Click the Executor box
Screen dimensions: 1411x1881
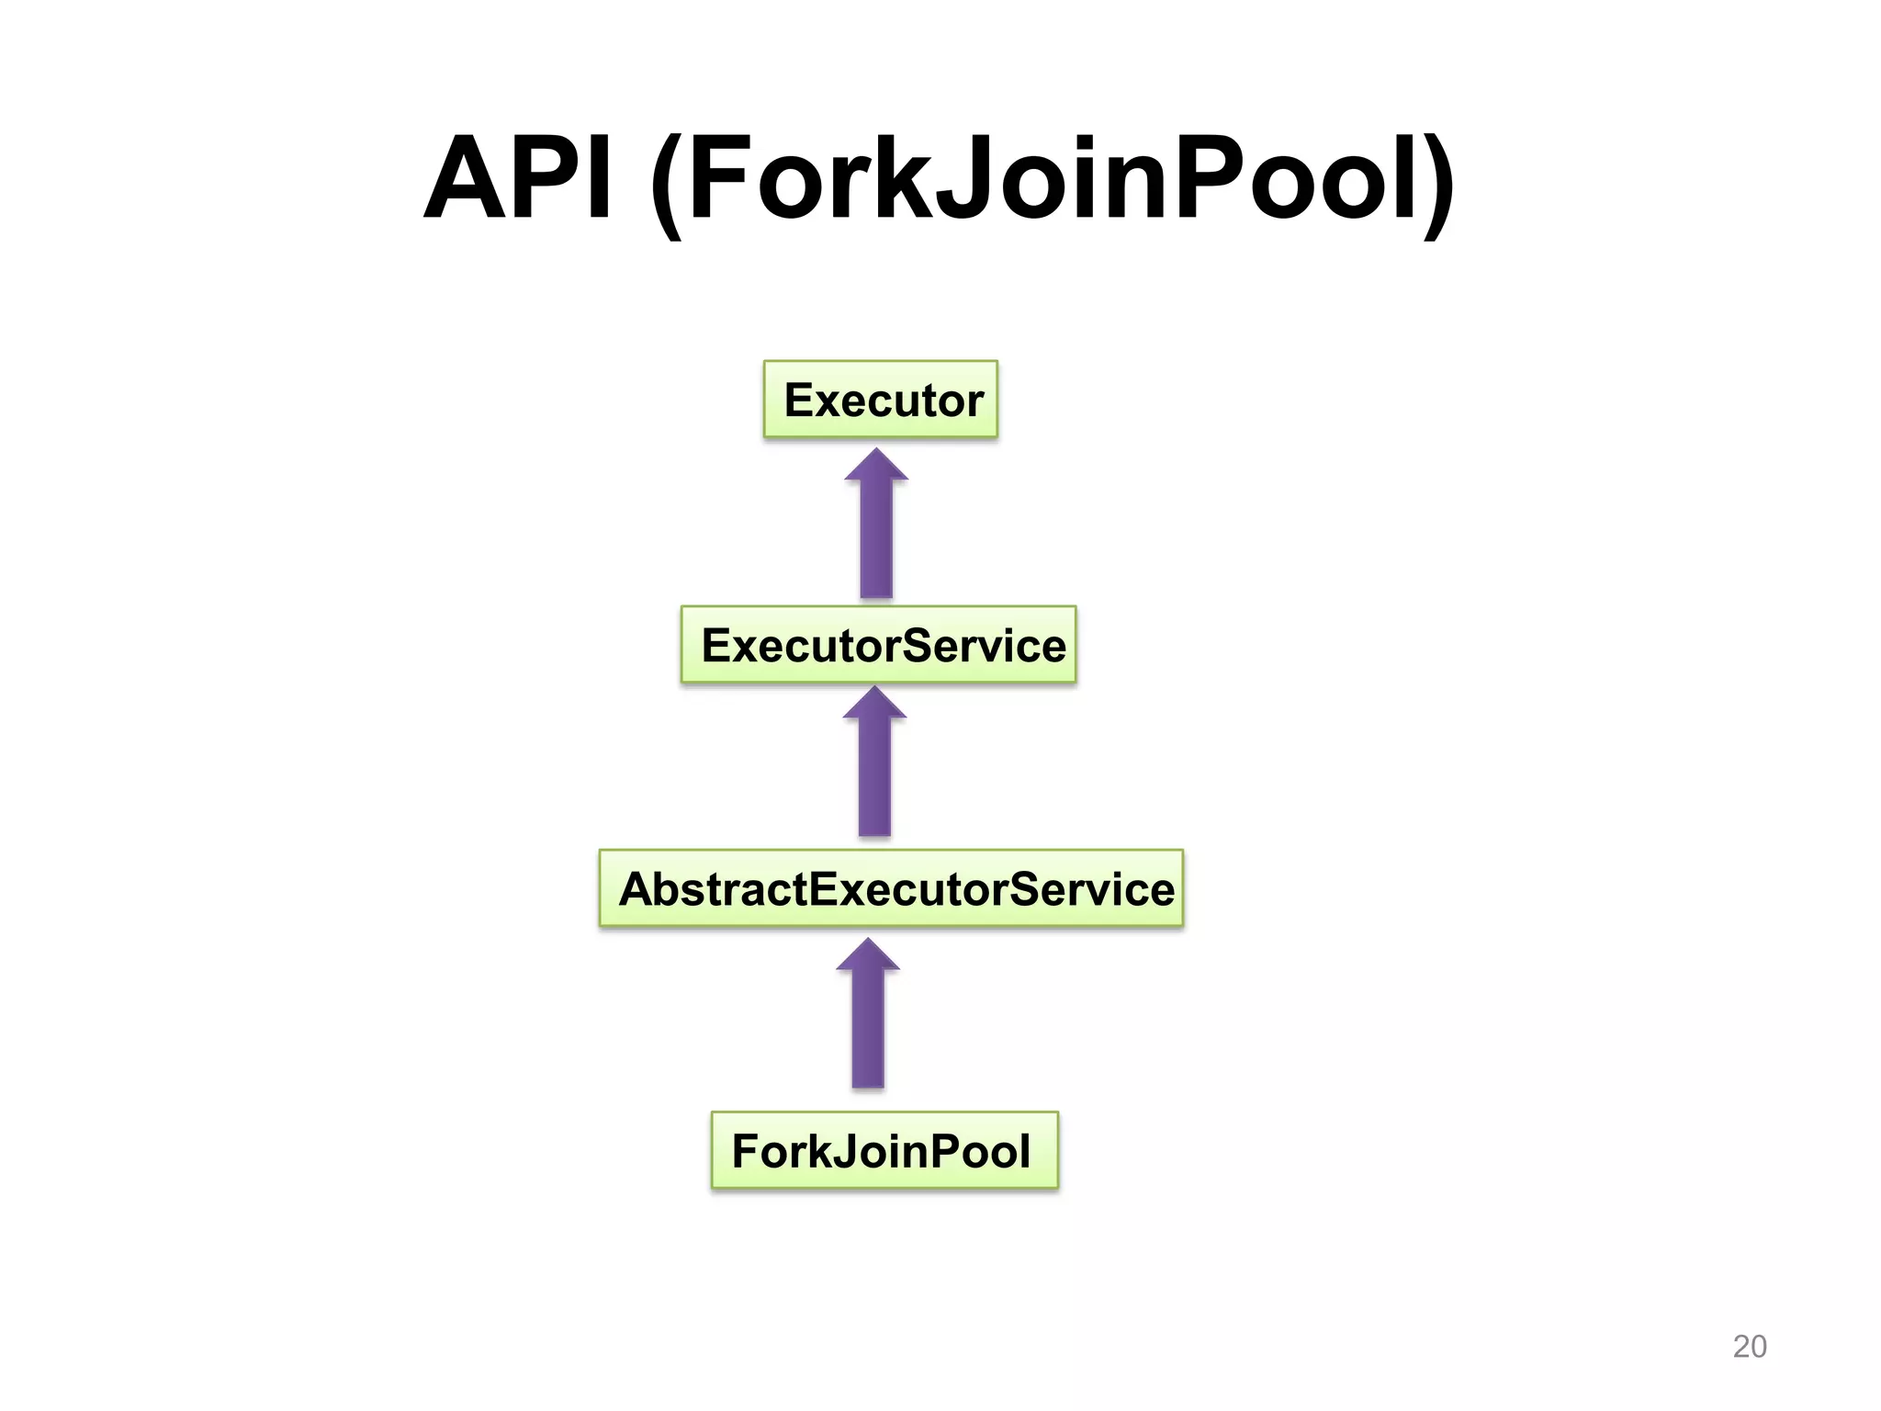pyautogui.click(x=880, y=400)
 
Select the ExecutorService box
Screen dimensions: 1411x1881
pyautogui.click(x=878, y=645)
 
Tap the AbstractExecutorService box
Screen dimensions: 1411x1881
pyautogui.click(x=891, y=888)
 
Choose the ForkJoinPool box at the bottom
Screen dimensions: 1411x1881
pyautogui.click(x=884, y=1150)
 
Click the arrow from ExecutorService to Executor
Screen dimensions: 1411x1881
pyautogui.click(x=876, y=533)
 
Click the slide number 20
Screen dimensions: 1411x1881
pyautogui.click(x=1749, y=1346)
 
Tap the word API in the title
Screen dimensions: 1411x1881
pyautogui.click(x=518, y=179)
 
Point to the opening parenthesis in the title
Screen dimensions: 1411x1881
pyautogui.click(x=667, y=184)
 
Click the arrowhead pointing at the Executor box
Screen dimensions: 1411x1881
pyautogui.click(x=876, y=465)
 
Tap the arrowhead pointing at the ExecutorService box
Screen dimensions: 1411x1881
pyautogui.click(x=874, y=703)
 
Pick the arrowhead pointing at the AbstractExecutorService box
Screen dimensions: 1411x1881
pyautogui.click(x=868, y=954)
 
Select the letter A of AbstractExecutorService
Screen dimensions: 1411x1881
pyautogui.click(x=639, y=889)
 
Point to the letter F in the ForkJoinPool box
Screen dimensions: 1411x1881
pyautogui.click(x=745, y=1151)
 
